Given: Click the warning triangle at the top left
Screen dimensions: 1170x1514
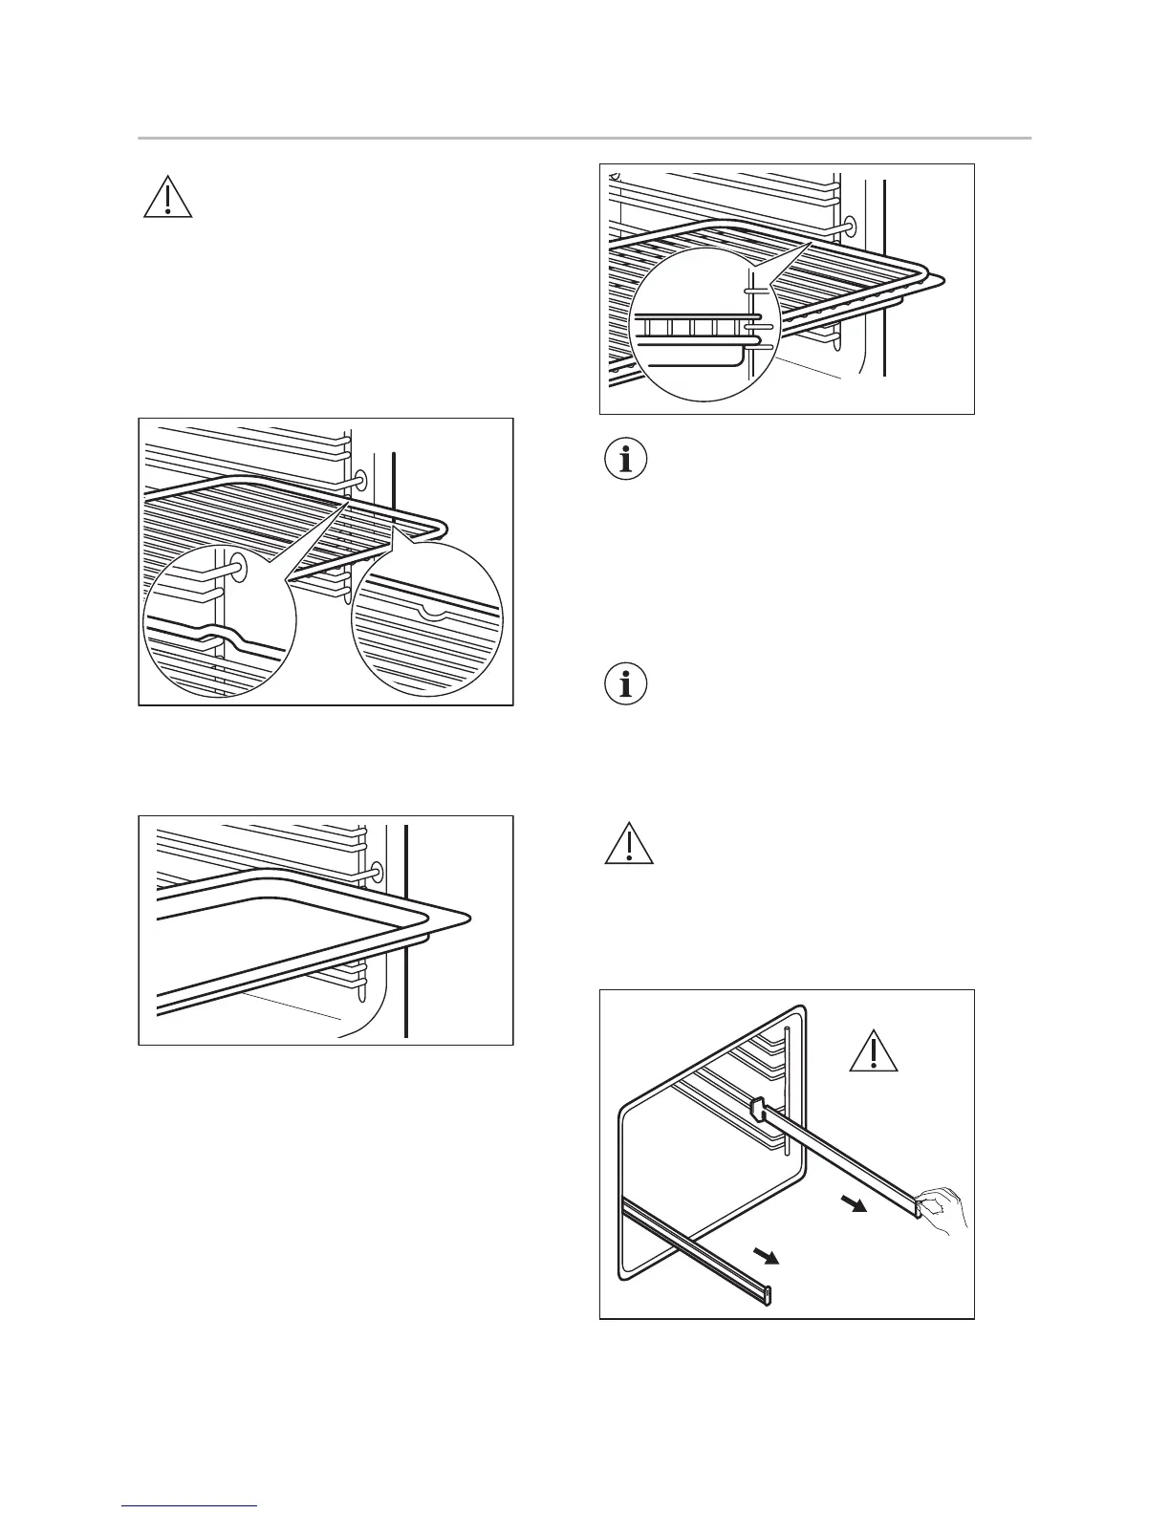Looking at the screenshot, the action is click(x=167, y=198).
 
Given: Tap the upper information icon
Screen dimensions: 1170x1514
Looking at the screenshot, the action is click(x=626, y=460).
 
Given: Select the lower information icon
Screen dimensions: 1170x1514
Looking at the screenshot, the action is click(x=626, y=684).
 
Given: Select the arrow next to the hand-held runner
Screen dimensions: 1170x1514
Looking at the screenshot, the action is click(x=857, y=1203).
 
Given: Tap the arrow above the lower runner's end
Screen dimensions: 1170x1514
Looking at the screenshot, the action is click(x=767, y=1255).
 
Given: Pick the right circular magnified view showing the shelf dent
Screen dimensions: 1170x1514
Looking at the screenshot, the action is click(x=426, y=620).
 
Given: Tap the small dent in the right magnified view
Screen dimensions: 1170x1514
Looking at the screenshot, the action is click(x=436, y=613).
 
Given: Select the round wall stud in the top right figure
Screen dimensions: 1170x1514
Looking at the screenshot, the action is click(x=847, y=227).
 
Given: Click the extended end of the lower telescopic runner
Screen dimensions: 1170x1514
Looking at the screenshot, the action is click(x=768, y=1294).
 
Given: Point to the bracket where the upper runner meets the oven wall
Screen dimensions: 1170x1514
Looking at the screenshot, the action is click(x=758, y=1110).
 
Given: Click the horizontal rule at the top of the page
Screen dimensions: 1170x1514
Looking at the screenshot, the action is click(x=584, y=139).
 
